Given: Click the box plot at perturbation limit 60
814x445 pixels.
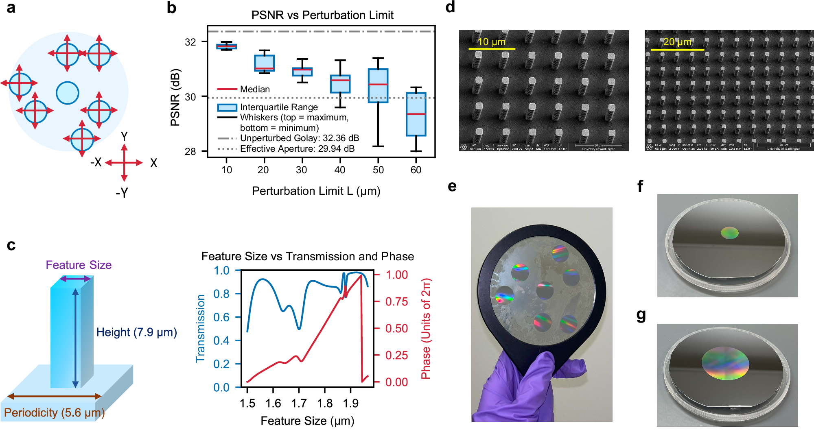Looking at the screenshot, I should click(416, 114).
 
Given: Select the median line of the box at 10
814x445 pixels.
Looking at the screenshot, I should click(226, 46).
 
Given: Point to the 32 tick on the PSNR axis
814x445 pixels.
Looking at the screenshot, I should click(190, 42).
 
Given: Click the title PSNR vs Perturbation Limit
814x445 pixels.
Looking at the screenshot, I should click(322, 15).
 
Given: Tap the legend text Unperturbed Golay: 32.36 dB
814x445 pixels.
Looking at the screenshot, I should click(299, 138).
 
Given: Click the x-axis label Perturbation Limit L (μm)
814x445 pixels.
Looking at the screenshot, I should click(316, 191).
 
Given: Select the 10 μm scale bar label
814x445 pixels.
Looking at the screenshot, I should click(491, 42).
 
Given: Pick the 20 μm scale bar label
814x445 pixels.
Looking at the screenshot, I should click(677, 42).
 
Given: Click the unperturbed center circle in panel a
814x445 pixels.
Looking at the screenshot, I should click(67, 93).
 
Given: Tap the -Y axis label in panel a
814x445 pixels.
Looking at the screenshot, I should click(122, 192).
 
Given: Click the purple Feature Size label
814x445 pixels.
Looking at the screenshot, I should click(79, 265).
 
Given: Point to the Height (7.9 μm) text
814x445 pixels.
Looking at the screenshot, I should click(136, 332).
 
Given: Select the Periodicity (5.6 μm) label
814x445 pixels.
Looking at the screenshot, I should click(54, 412).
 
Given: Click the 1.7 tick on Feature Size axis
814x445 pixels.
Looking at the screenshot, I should click(299, 403).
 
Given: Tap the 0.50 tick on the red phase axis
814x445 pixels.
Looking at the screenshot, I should click(396, 328).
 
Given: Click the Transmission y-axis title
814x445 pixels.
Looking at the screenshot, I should click(200, 328).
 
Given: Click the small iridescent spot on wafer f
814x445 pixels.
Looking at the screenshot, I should click(729, 233).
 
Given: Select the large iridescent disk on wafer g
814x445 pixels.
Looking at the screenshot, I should click(725, 363).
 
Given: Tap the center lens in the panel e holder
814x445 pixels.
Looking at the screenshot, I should click(545, 290).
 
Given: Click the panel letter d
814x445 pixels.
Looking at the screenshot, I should click(450, 7).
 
